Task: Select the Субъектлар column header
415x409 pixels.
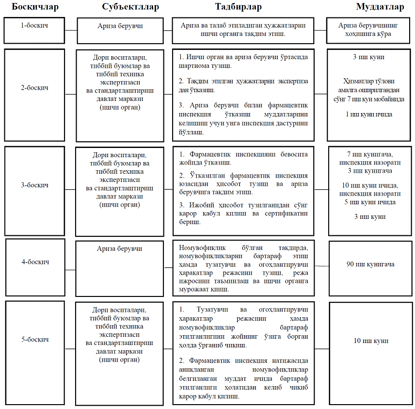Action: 130,7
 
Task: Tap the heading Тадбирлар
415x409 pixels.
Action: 239,7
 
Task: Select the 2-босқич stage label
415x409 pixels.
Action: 34,88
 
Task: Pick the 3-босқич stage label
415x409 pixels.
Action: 34,185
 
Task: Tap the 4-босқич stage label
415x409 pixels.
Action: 34,262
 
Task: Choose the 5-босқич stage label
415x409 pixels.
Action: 34,340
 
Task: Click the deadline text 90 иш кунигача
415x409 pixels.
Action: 370,264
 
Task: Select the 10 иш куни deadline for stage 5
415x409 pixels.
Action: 371,341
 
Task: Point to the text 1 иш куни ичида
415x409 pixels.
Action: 369,115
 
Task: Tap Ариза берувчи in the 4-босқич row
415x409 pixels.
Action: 120,248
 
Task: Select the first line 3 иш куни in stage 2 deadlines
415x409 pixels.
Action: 369,57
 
